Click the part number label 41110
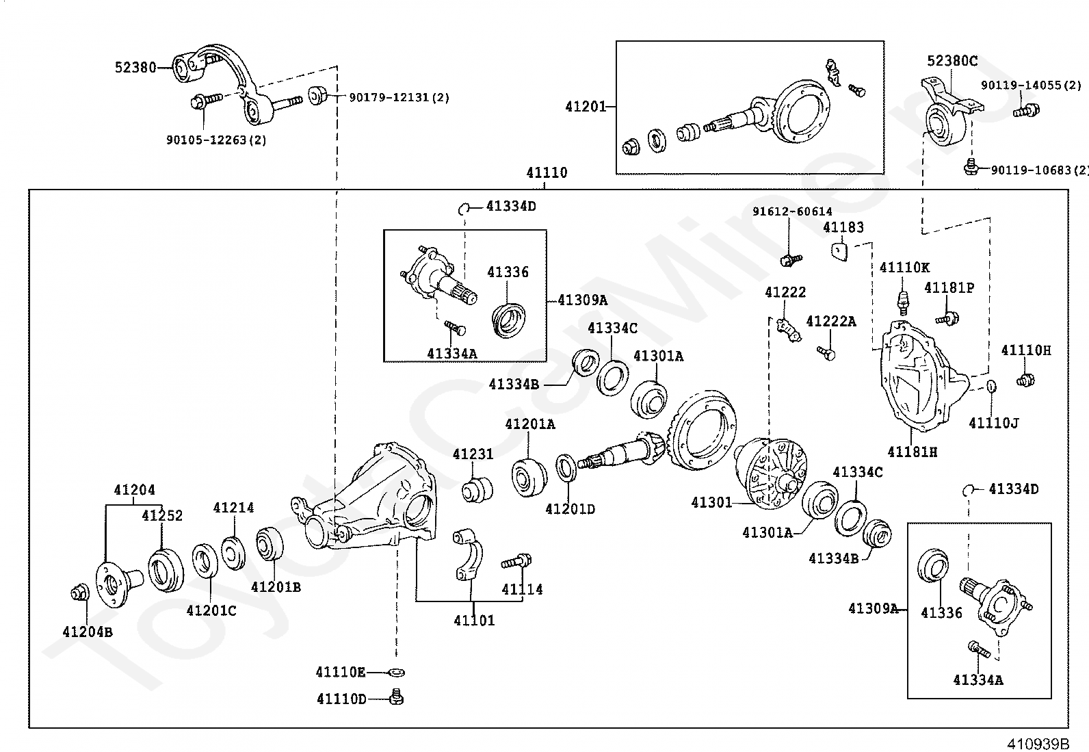[547, 172]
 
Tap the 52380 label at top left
[135, 67]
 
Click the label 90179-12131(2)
[399, 97]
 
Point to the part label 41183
[843, 227]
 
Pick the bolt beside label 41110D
[397, 697]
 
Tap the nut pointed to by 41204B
[80, 593]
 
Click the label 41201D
[570, 509]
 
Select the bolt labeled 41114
[516, 562]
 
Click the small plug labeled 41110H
[1025, 379]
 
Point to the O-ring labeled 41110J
[992, 387]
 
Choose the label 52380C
[952, 61]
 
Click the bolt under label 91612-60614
[791, 260]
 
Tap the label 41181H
[913, 452]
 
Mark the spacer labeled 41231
[477, 491]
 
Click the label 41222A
[831, 322]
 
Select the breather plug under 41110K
[903, 303]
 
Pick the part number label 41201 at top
[586, 106]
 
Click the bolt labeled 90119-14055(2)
[1026, 110]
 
